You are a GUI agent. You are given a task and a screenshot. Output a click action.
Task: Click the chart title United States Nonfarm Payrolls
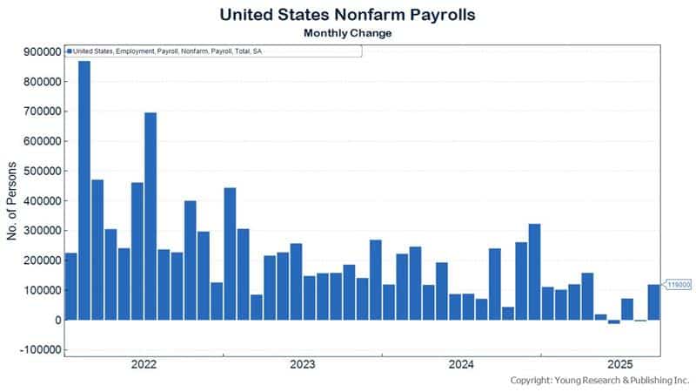(x=348, y=15)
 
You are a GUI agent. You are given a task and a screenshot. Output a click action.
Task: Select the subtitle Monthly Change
(x=348, y=33)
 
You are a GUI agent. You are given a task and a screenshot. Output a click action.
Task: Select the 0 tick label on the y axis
(x=56, y=320)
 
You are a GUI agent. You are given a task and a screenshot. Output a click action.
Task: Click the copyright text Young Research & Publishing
(x=599, y=382)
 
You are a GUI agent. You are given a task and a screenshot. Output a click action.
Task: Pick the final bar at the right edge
(x=653, y=302)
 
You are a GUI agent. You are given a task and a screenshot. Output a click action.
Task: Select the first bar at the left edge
(x=71, y=287)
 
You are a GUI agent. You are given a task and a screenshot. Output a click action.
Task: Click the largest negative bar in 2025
(x=614, y=321)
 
